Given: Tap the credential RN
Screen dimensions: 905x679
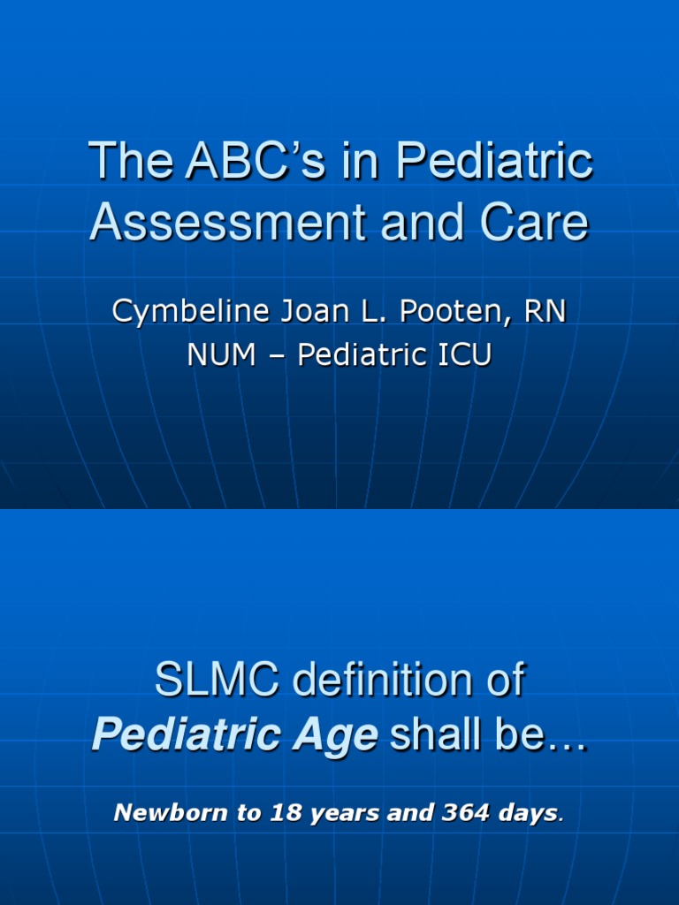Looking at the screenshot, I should point(543,314).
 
